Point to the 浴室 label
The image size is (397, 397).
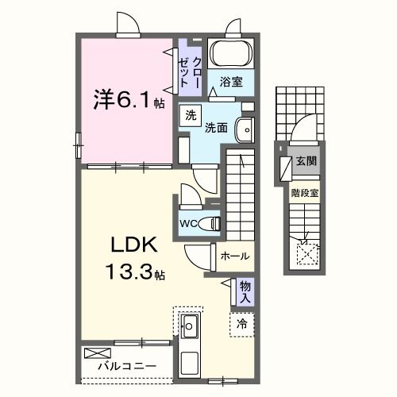[230, 81]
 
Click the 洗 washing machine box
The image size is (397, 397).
[191, 114]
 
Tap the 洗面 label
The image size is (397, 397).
[217, 127]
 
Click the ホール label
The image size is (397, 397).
[235, 256]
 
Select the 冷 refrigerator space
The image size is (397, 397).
[241, 323]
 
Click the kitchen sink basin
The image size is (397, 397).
[190, 324]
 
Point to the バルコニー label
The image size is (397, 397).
[127, 368]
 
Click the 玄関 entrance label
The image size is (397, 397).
[306, 161]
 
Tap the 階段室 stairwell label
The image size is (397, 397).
[304, 191]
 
